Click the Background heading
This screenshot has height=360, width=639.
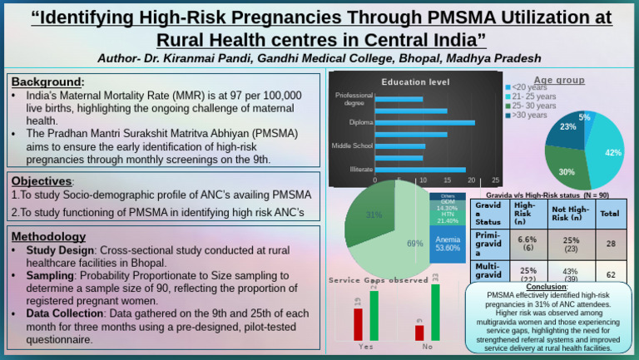tap(47, 81)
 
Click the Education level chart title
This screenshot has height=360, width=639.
tap(415, 82)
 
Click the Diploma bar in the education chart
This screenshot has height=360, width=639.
tap(424, 122)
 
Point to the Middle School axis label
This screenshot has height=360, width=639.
tap(352, 145)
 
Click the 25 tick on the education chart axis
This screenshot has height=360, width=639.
tap(496, 180)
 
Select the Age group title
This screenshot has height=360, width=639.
tap(559, 80)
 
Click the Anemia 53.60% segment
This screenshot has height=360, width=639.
tap(448, 244)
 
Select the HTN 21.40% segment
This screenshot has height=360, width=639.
tap(448, 216)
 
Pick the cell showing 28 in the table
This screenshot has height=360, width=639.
tap(610, 244)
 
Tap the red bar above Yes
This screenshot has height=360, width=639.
tap(358, 323)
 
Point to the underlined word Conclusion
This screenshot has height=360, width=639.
tap(547, 287)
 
